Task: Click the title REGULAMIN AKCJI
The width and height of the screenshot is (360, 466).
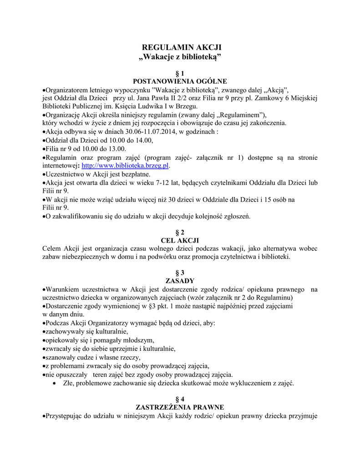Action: [x=180, y=48]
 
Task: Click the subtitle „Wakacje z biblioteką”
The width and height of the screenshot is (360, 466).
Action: [x=180, y=57]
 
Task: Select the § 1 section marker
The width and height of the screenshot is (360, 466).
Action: [x=180, y=73]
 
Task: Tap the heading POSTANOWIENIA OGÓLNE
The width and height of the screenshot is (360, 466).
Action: [x=180, y=81]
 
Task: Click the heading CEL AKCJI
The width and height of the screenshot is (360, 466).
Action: [x=180, y=240]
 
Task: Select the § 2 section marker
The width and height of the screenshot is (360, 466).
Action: [x=180, y=232]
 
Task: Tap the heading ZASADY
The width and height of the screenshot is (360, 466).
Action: [x=180, y=281]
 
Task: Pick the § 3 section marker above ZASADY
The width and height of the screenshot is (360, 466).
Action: [x=180, y=273]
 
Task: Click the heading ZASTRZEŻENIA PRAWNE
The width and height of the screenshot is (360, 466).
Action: [x=180, y=407]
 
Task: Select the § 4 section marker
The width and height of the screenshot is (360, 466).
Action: [x=180, y=399]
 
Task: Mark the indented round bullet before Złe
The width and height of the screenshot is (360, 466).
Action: [x=55, y=384]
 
